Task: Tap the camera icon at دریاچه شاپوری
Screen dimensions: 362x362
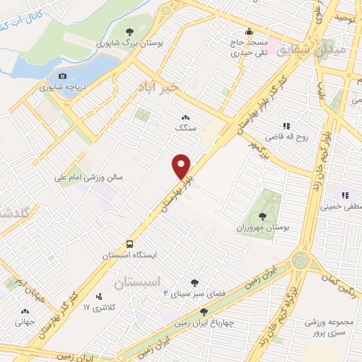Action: pos(63,76)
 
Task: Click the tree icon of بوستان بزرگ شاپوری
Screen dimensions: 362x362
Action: pos(129,32)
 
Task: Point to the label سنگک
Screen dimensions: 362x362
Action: pos(185,129)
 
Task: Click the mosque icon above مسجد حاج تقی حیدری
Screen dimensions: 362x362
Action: pos(249,32)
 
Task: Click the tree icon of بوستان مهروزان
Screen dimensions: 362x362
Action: pos(262,216)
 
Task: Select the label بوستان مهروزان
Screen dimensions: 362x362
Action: pos(259,228)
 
